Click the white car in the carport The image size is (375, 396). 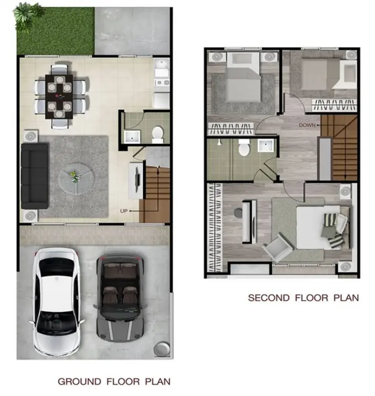56,302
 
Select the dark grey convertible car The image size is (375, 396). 120,298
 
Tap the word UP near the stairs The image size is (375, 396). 124,211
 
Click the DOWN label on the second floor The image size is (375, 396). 307,125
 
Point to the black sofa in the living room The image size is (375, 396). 35,176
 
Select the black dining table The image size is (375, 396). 59,97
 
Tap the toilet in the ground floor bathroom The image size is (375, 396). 157,134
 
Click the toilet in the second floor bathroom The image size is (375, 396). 244,147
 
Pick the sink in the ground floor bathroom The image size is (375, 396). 132,137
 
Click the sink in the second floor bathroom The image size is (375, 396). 265,146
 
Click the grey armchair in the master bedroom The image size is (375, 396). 278,247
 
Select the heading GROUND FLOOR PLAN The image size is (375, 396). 114,381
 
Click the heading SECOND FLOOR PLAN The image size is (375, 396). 303,298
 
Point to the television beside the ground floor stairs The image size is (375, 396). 137,180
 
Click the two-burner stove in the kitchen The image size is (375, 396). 162,82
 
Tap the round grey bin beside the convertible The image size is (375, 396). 162,349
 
